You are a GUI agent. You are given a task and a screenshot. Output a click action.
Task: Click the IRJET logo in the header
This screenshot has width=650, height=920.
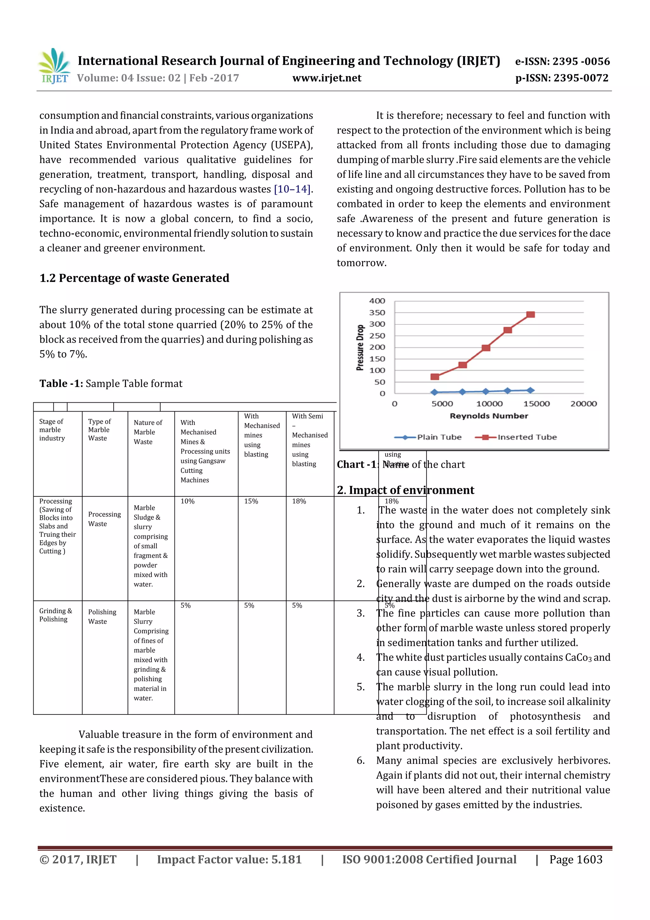pos(54,65)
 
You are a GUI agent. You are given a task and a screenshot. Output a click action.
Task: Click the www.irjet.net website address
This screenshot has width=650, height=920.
pos(327,78)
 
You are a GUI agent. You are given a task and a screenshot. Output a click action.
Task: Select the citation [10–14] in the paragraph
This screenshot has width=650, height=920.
pos(292,189)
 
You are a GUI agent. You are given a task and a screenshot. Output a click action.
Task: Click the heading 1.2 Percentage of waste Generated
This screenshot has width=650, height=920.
pos(134,278)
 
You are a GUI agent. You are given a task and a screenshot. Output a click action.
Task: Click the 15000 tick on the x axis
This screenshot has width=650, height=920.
pos(536,404)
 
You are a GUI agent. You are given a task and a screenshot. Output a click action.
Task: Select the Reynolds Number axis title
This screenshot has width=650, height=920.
pos(488,416)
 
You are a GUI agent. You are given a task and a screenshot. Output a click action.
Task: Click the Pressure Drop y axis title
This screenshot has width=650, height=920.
pos(360,347)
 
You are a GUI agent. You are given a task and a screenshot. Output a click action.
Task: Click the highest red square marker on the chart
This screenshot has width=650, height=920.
pos(531,314)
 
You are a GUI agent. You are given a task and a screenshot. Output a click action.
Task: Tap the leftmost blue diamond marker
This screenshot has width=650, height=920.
pos(434,392)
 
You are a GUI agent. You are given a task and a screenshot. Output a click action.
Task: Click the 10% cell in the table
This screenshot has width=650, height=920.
pos(188,501)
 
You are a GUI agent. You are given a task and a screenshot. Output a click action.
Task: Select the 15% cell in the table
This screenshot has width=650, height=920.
pos(251,501)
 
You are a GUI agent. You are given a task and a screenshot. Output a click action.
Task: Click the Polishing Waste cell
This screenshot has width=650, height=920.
pos(102,617)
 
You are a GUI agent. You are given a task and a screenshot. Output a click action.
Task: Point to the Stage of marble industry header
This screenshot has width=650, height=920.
pos(52,430)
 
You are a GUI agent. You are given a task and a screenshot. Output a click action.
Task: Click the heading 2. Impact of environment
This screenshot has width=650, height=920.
pos(405,490)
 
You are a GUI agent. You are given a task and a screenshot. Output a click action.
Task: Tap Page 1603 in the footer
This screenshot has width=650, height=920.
pos(575,859)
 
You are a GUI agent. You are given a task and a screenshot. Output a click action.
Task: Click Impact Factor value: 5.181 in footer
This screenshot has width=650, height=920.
pos(229,859)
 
